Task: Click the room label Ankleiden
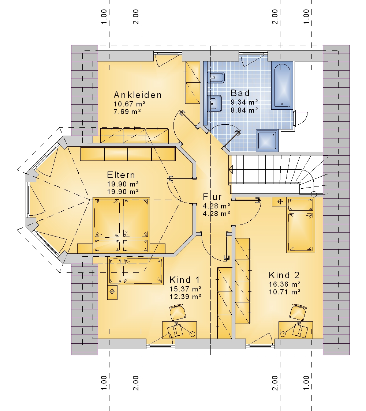pos(138,95)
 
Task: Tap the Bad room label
pos(240,93)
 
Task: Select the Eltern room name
pos(121,175)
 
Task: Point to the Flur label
pos(212,197)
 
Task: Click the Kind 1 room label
pos(184,280)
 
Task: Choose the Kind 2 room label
pos(284,275)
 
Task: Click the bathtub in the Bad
pos(282,86)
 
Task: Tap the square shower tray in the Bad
pos(267,141)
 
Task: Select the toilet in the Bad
pos(216,78)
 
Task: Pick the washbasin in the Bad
pos(214,103)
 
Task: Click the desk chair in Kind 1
pos(178,312)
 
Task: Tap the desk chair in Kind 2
pos(298,312)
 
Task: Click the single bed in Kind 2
pos(300,225)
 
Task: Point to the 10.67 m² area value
pos(129,104)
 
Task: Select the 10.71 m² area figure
pos(285,292)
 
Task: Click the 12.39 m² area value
pos(186,297)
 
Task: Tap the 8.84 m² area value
pos(244,110)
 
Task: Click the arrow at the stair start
pos(231,169)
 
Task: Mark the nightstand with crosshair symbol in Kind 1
pos(112,292)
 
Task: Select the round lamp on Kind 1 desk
pos(192,334)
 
